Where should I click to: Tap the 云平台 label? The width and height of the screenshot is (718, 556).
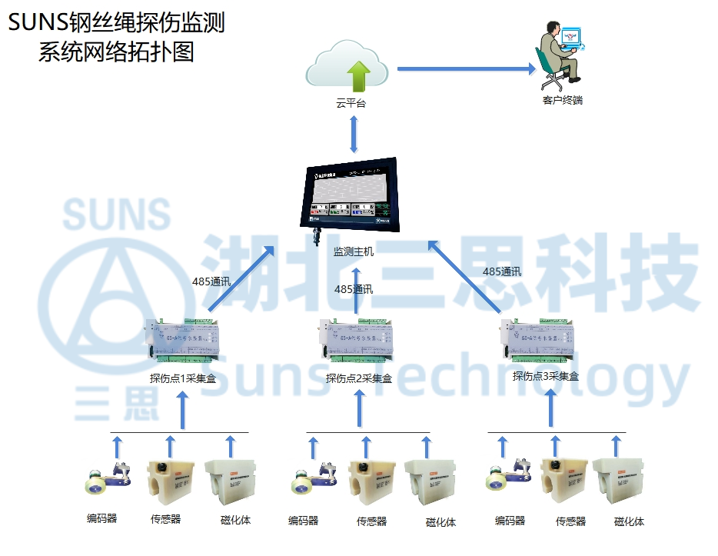(351, 103)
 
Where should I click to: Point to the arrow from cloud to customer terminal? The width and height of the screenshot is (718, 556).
(466, 69)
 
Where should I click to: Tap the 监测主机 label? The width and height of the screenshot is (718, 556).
(354, 251)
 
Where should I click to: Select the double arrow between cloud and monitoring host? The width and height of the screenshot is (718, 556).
(354, 134)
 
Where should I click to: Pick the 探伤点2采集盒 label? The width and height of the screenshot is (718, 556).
(359, 378)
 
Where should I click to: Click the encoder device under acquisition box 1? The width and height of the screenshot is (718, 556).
(105, 478)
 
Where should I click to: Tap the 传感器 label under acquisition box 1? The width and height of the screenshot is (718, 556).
(165, 519)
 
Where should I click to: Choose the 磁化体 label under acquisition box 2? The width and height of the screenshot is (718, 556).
(440, 522)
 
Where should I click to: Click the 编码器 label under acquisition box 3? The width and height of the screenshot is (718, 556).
(510, 521)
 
